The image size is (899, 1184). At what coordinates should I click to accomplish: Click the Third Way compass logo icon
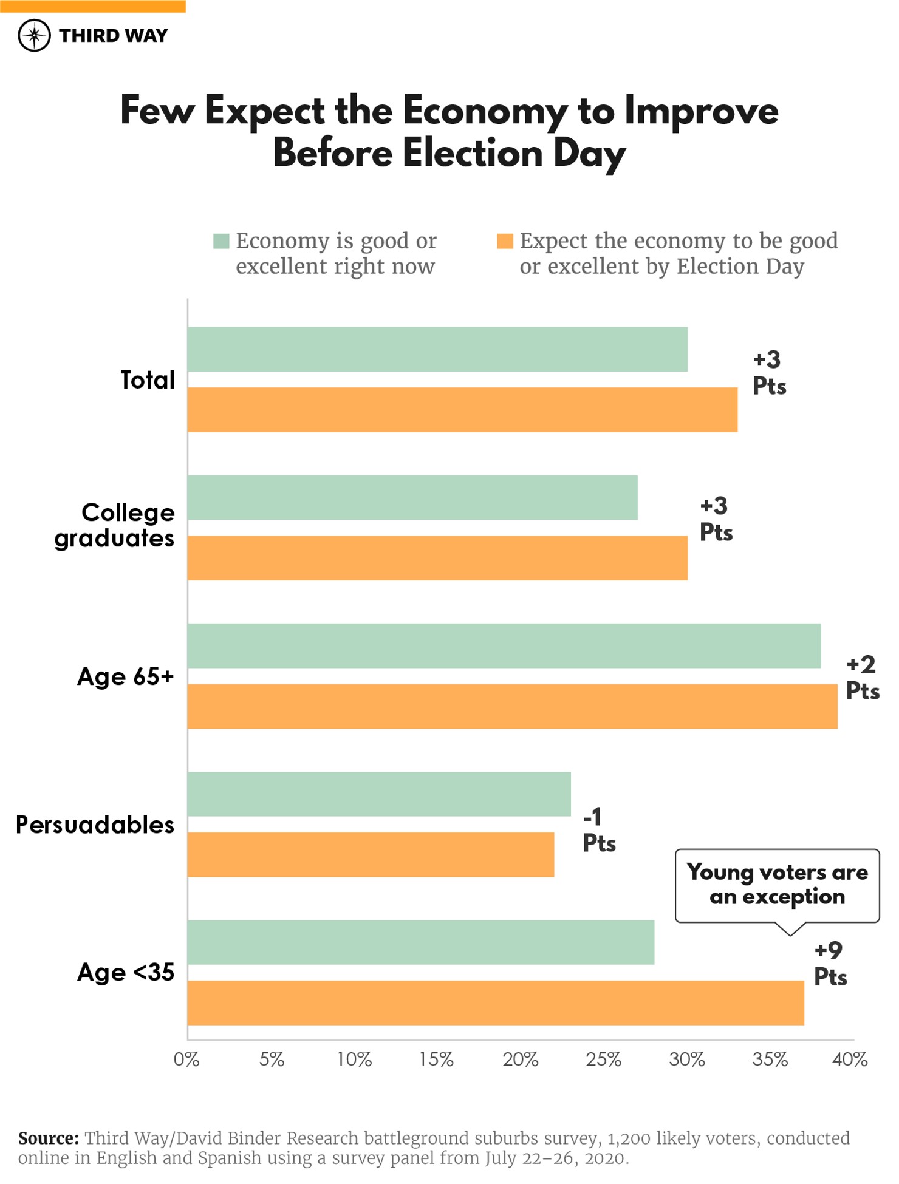click(34, 35)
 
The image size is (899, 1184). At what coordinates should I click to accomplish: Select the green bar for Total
click(437, 349)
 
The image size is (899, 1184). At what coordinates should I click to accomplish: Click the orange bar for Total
click(462, 410)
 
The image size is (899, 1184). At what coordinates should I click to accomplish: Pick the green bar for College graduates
click(412, 497)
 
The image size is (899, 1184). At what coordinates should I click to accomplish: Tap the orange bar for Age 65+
click(512, 706)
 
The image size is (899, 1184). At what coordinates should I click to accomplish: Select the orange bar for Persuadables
click(371, 854)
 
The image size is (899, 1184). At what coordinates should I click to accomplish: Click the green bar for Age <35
click(420, 942)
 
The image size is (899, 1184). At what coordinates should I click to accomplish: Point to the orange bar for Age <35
click(495, 1002)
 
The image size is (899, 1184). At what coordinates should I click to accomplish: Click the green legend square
click(221, 241)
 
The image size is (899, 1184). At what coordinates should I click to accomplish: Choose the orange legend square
click(505, 241)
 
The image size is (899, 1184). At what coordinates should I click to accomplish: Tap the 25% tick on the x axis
click(603, 1060)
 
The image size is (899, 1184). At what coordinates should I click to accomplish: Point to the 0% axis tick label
click(186, 1060)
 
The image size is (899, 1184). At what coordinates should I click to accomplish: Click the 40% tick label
click(850, 1060)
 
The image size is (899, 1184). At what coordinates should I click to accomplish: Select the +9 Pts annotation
click(830, 964)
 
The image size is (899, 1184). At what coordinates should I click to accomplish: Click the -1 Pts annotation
click(599, 830)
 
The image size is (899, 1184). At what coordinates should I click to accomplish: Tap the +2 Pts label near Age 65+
click(863, 678)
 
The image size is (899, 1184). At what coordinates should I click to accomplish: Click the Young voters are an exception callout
click(777, 885)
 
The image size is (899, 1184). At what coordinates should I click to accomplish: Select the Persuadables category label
click(95, 825)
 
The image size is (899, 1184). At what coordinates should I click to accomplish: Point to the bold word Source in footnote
click(48, 1138)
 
